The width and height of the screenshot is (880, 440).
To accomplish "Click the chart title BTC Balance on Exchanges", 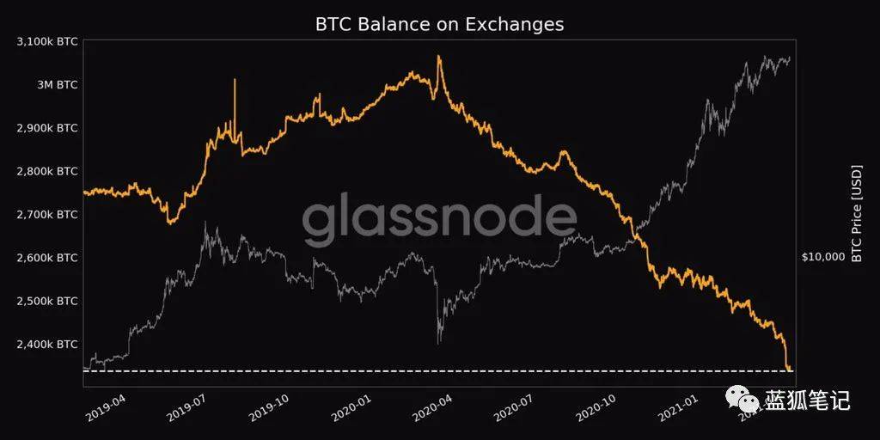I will (x=439, y=24).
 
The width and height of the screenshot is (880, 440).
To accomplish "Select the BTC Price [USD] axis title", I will (x=856, y=213).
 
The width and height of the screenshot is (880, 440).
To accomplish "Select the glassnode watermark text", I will (x=439, y=219).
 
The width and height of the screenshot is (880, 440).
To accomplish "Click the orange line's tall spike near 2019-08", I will (x=235, y=82).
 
